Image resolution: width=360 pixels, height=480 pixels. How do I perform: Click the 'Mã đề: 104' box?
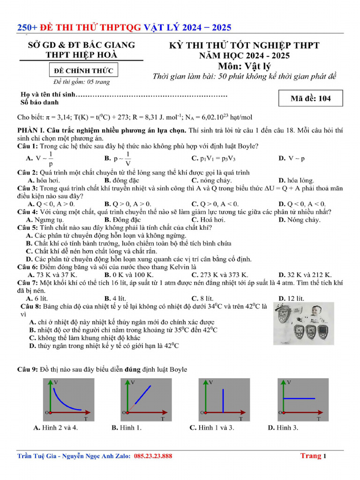coord(310,98)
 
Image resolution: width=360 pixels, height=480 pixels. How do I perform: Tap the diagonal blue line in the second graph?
coord(142,394)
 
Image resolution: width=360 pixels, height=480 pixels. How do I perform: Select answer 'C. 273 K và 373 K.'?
coord(219,275)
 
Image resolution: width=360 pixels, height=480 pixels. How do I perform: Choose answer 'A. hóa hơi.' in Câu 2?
coord(44,180)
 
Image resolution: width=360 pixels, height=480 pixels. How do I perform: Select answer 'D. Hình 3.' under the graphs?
coord(283,427)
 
